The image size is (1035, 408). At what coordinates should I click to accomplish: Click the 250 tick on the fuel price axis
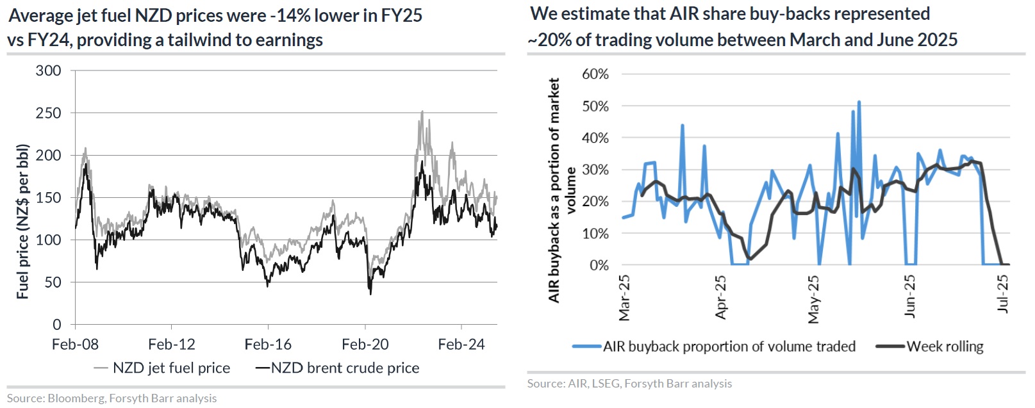pos(49,113)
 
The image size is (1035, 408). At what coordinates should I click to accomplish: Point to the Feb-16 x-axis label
pos(268,345)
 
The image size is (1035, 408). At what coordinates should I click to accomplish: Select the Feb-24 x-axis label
pos(461,345)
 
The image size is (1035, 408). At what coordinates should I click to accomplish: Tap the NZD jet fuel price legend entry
pos(171,368)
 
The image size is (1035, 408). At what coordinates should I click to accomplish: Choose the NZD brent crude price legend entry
pos(345,368)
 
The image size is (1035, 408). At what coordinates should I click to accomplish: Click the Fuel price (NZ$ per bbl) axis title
pos(23,222)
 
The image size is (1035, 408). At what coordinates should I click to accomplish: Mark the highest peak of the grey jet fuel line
pos(422,111)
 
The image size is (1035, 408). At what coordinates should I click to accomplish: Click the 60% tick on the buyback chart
pos(595,74)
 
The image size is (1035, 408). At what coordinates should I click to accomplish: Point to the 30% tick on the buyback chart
pos(595,170)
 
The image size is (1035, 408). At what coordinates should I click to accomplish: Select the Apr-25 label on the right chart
pos(721,297)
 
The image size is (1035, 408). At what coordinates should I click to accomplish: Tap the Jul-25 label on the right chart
pos(1004,294)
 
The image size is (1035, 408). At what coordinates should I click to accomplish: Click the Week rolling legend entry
pos(945,347)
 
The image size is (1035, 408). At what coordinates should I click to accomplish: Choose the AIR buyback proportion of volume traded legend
pos(729,347)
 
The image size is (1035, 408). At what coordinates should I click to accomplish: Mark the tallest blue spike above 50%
pos(859,101)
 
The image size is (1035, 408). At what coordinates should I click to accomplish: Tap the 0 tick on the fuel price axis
pos(57,325)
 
